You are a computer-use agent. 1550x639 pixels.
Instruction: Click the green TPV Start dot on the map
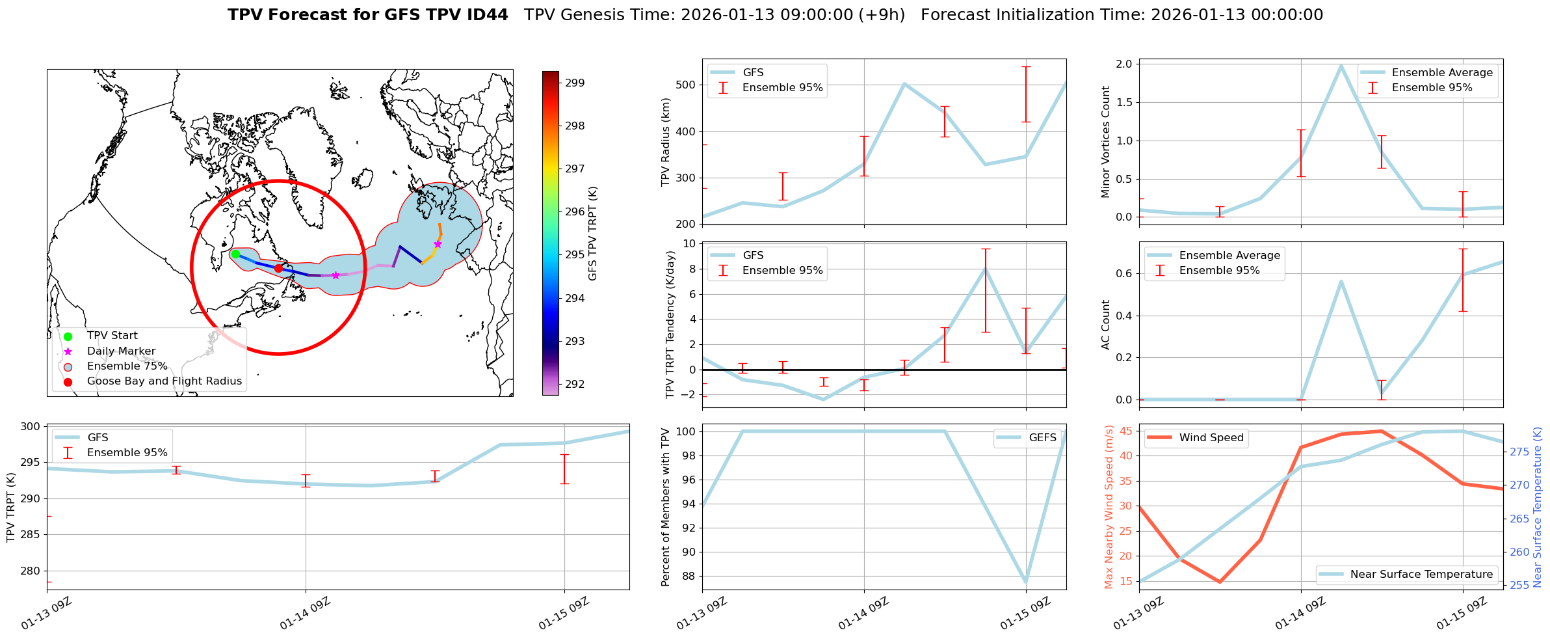235,254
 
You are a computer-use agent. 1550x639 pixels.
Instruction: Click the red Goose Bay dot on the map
278,268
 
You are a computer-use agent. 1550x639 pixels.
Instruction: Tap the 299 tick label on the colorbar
575,83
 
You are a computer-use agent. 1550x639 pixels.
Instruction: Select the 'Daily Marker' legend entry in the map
121,351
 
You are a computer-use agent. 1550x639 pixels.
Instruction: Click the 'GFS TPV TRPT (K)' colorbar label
592,234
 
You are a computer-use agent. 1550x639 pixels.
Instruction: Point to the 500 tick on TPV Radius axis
687,85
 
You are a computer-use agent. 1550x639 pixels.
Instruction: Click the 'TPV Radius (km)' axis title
665,142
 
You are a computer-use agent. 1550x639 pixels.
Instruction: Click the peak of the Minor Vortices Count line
1341,65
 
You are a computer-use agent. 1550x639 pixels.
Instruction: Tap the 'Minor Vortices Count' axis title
1105,142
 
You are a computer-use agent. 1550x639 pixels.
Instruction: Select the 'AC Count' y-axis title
1105,325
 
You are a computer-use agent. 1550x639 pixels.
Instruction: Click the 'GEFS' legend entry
1042,438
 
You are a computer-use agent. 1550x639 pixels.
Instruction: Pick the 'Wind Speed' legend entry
1211,438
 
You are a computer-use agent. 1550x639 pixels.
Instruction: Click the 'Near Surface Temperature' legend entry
1421,575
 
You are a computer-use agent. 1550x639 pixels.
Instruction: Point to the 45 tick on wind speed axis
1126,431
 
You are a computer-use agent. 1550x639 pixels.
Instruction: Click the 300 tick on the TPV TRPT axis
31,427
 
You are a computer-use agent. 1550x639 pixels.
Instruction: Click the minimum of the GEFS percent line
1025,582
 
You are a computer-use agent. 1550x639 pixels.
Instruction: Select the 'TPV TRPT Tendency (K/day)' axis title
670,325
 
